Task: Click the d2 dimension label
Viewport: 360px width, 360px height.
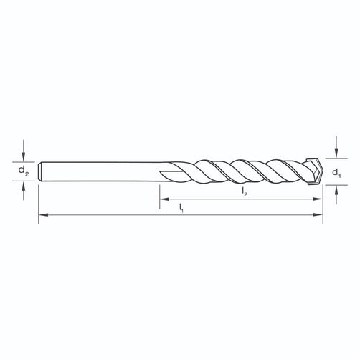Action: pos(24,171)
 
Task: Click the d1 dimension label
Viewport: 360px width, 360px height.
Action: pos(336,173)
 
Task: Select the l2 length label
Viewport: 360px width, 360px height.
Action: pos(245,191)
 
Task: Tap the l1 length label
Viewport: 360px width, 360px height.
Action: pos(181,208)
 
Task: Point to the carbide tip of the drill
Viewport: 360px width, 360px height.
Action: pos(315,171)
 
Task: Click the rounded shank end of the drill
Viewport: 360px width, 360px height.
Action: pos(40,171)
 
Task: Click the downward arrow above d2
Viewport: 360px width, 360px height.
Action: pos(23,151)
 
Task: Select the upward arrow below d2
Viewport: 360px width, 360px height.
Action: pos(23,191)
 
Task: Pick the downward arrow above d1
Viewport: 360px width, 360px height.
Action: pos(336,147)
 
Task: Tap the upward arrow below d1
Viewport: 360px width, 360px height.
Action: pos(336,195)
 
